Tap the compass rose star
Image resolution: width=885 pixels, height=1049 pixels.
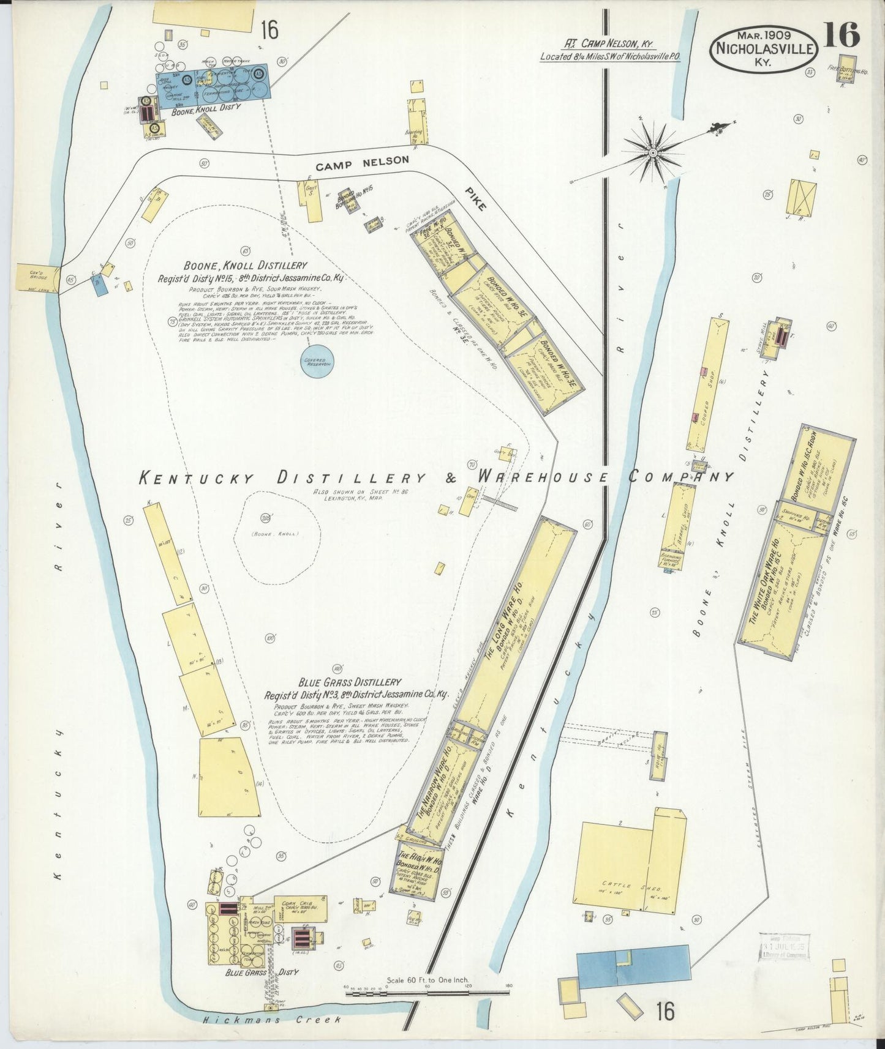(652, 151)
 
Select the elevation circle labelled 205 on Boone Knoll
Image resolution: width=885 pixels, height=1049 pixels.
(265, 518)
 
